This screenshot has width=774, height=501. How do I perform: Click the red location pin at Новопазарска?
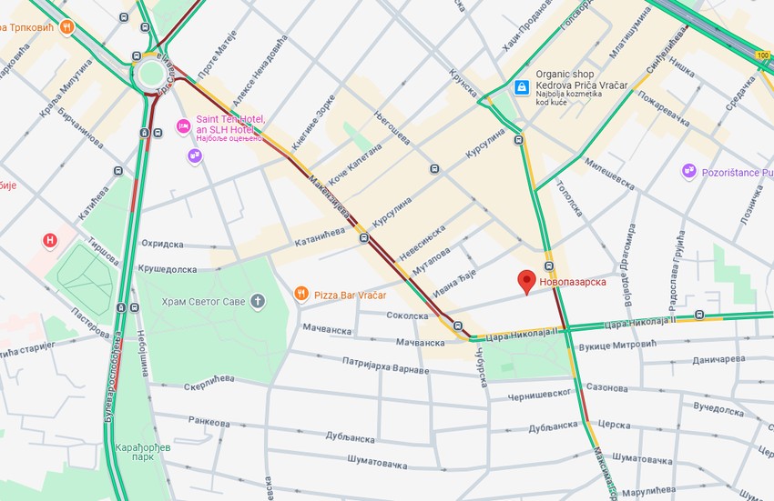click(526, 281)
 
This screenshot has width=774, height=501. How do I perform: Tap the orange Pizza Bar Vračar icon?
click(301, 294)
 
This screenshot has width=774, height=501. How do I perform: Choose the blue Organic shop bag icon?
click(522, 87)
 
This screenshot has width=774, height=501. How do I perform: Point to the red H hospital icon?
click(51, 240)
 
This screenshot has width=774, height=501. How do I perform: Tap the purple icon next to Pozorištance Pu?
click(688, 171)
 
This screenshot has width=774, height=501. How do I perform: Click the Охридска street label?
click(162, 245)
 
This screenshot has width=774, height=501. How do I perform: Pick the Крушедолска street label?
click(167, 269)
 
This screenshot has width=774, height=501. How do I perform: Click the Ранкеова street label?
click(209, 422)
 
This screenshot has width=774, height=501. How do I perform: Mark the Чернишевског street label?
click(540, 392)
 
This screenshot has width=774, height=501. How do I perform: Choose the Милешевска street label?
click(608, 174)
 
